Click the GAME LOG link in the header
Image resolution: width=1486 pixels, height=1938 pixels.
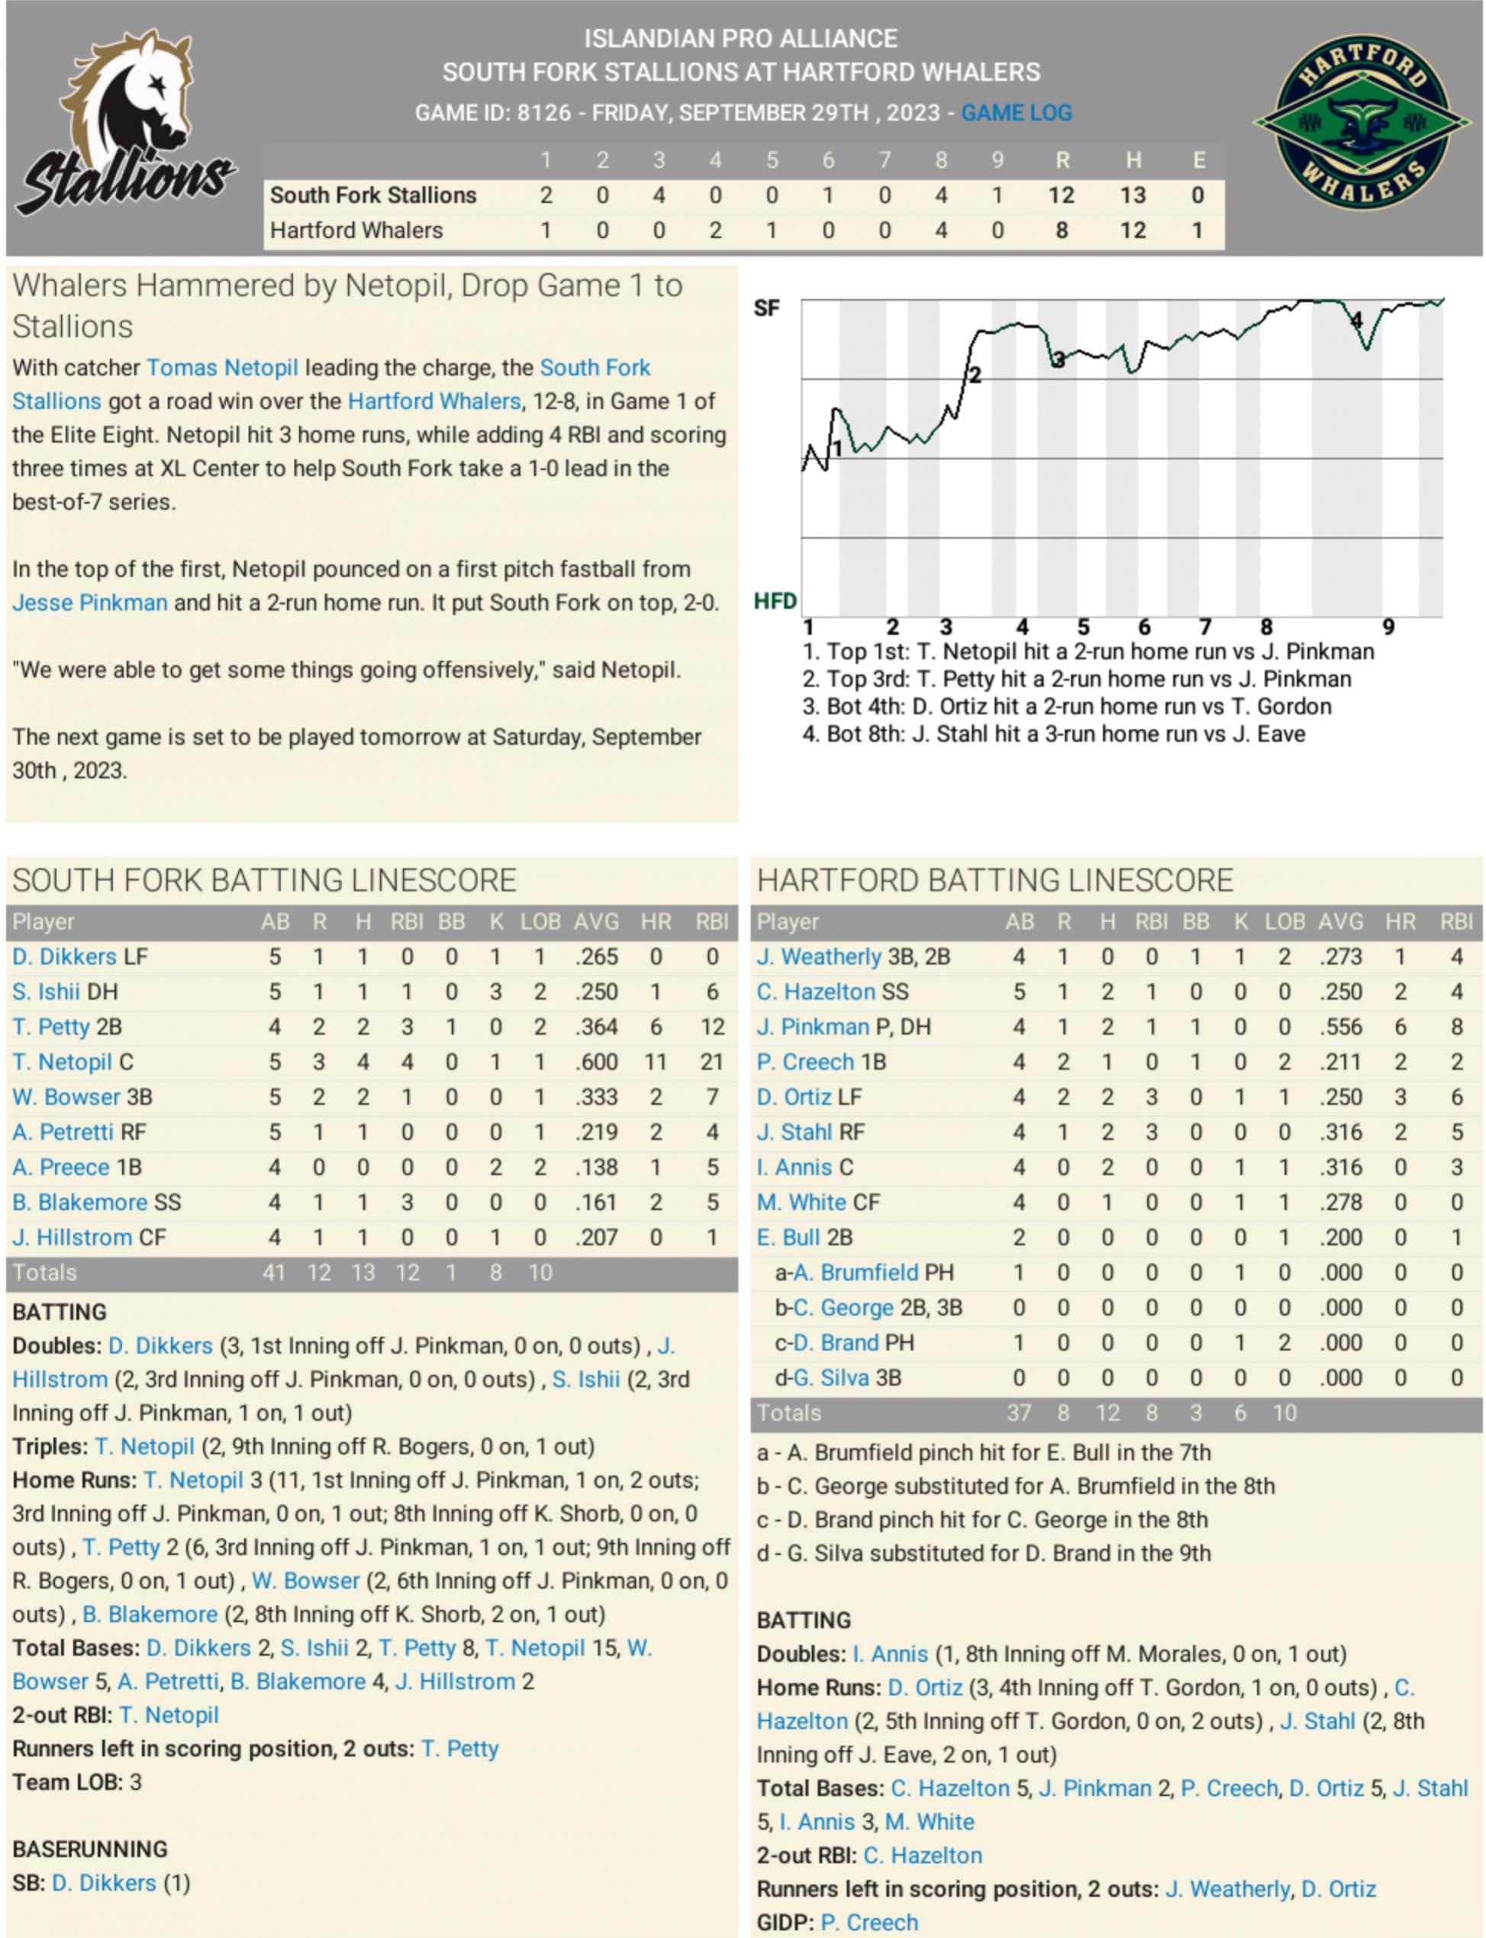[x=1017, y=113]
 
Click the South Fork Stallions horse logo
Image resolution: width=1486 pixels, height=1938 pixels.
[x=126, y=124]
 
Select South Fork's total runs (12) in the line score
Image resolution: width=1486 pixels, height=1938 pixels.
[x=1062, y=195]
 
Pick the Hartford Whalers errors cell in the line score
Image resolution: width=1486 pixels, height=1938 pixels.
[x=1197, y=231]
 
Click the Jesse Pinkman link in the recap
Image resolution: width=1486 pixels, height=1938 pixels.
[x=89, y=603]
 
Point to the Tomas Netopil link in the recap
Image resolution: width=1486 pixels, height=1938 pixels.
[x=222, y=368]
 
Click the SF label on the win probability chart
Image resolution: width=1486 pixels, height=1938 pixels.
[x=766, y=308]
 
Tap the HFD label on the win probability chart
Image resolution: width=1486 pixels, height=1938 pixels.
[x=775, y=601]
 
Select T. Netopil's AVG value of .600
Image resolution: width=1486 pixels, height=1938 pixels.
[x=595, y=1063]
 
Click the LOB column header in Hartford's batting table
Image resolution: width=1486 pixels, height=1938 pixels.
[x=1285, y=922]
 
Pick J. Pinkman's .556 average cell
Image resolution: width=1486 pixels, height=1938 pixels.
[x=1340, y=1027]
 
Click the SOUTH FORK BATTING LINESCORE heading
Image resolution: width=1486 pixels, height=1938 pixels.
[x=263, y=881]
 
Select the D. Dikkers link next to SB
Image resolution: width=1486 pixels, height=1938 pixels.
[x=104, y=1883]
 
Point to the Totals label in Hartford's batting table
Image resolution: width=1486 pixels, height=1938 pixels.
[x=789, y=1414]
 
